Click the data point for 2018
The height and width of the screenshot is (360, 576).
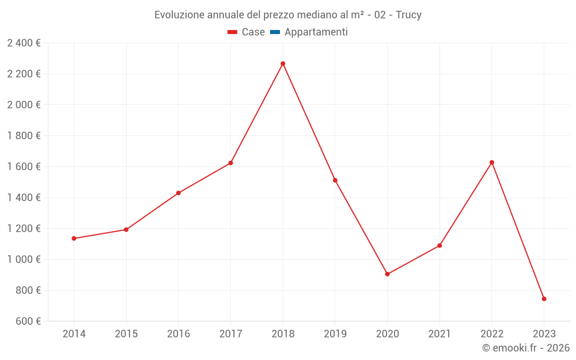283,63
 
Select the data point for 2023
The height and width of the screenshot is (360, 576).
544,299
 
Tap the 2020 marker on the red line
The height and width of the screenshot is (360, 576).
387,274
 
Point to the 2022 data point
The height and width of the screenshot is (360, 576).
492,162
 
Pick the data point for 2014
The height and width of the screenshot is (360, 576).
74,238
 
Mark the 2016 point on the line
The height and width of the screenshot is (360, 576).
179,193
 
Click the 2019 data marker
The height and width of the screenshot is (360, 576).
335,180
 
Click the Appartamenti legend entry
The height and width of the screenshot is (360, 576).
316,32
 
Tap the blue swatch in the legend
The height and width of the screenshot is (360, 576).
275,32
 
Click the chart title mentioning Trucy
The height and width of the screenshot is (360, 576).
288,15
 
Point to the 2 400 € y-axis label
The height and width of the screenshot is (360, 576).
24,43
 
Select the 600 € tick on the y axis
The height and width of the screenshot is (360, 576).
27,321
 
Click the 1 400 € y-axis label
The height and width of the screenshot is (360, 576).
24,198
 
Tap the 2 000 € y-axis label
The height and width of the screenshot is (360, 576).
24,105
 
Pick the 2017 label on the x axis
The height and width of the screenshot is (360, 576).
230,334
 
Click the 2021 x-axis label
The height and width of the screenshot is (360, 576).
439,334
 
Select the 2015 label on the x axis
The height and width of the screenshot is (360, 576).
126,334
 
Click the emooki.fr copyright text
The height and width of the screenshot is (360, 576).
526,348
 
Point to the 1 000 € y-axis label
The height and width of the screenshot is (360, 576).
24,259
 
